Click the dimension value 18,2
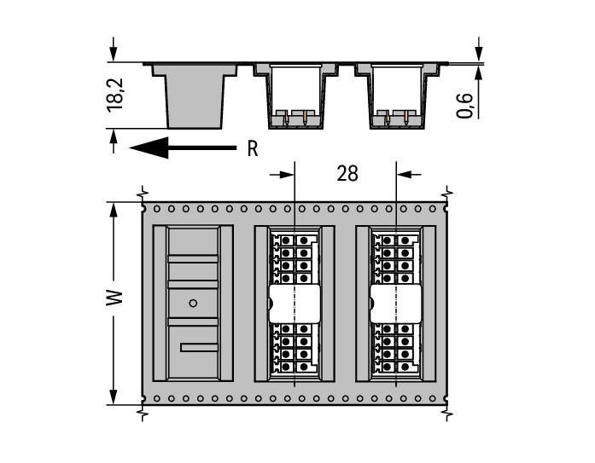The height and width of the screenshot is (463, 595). pyautogui.click(x=116, y=95)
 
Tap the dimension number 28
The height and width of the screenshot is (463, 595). pyautogui.click(x=347, y=174)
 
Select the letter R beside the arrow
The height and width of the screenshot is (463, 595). pyautogui.click(x=253, y=148)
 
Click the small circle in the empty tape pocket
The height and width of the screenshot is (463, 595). pyautogui.click(x=193, y=303)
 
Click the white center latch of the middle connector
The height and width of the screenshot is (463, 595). pyautogui.click(x=295, y=304)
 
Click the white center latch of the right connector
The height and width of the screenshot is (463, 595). pyautogui.click(x=395, y=304)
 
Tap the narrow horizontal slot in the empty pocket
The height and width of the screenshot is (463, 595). pyautogui.click(x=200, y=347)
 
